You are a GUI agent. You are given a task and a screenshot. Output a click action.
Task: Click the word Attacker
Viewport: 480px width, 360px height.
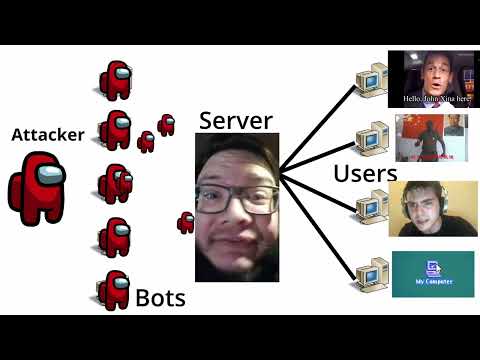coord(47,135)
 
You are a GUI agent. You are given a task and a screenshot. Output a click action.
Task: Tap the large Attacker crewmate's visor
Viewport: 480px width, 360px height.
coord(49,177)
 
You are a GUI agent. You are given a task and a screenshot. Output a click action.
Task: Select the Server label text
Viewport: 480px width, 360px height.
coord(236,120)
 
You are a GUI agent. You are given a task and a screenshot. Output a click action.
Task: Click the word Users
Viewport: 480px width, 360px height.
coord(365,173)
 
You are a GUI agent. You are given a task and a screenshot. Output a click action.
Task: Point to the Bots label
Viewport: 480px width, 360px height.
coord(160,297)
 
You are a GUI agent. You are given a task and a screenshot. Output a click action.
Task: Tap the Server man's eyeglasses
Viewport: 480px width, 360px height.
coord(240,199)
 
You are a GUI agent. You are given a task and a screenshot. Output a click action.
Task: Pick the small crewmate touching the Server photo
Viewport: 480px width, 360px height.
coord(186,222)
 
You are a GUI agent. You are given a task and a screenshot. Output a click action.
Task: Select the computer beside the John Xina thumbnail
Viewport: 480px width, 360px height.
coord(371,78)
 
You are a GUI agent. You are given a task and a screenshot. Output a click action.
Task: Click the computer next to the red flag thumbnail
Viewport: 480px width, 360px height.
coord(371,138)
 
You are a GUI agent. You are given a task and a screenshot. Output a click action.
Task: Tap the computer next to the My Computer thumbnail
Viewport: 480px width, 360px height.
coord(371,271)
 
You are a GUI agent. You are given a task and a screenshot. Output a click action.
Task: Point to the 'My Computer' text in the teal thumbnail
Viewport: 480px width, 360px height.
coord(433,282)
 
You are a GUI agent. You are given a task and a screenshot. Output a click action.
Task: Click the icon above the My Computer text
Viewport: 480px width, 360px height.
coord(433,267)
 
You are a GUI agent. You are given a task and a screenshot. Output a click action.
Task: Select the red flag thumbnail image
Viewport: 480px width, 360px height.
coord(430,138)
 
